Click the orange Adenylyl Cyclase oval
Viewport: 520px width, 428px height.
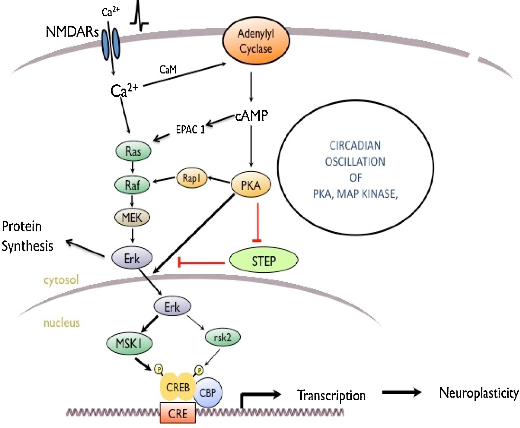256,41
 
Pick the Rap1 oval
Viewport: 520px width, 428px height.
191,178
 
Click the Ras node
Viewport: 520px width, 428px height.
133,151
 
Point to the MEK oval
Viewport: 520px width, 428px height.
132,218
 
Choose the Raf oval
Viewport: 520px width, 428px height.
132,185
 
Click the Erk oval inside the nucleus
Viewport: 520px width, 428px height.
172,307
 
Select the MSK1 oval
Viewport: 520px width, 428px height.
129,344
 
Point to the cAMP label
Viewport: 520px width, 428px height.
251,116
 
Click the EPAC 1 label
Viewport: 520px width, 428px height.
190,130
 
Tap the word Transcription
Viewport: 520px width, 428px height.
331,395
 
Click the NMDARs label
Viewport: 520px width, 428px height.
72,32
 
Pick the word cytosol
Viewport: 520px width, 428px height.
61,280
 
